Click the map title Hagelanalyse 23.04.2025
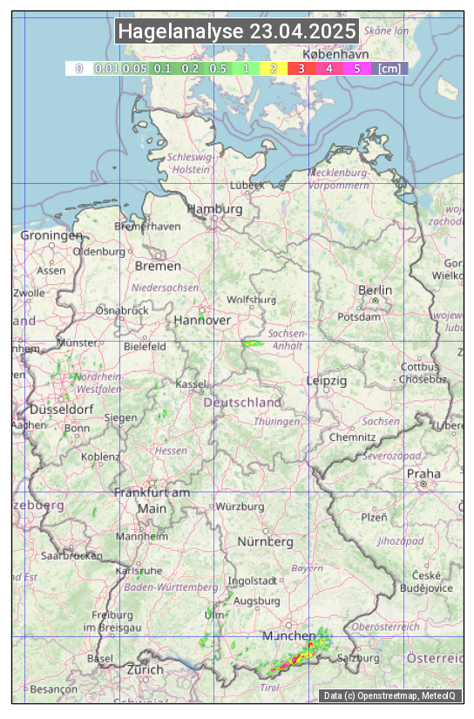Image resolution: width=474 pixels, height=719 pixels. coord(237,31)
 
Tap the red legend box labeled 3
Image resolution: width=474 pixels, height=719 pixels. coord(301,68)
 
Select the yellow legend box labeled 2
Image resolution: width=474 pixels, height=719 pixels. coord(274,68)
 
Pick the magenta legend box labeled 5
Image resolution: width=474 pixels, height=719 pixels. coord(356,68)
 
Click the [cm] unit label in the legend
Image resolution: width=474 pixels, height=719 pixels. coord(389,68)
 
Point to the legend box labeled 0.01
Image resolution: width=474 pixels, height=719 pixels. coord(105,68)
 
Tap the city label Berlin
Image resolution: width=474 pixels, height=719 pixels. coord(376,290)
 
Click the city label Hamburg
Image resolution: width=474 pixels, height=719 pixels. coord(214,210)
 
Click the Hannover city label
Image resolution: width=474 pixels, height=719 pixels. coord(202,321)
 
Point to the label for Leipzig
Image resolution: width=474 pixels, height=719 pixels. coord(327,381)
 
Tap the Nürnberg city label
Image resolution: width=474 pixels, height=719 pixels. coord(266,541)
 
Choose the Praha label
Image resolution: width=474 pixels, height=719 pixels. coord(423,474)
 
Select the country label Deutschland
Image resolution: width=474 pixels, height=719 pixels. coord(242,403)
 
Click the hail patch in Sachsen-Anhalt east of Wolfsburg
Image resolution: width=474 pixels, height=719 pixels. coord(253,343)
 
